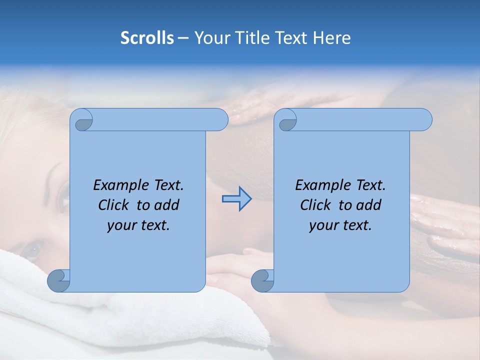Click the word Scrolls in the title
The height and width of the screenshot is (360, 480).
tap(147, 38)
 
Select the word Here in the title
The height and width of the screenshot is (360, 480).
tap(331, 38)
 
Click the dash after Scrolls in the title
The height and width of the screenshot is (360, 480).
tap(183, 38)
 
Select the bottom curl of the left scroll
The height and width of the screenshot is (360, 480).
tap(58, 280)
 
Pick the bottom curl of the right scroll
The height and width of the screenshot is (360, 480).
tap(262, 280)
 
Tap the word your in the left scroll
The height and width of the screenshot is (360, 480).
tap(120, 225)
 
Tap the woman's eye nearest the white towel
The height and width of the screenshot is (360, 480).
tap(33, 248)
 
